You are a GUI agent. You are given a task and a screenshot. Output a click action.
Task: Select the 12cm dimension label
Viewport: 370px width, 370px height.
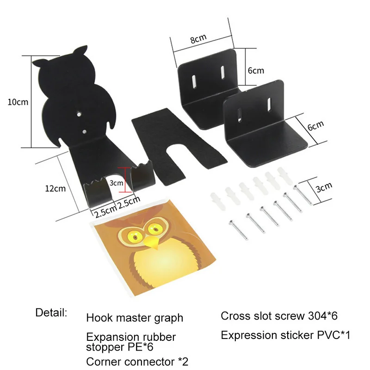(x=55, y=188)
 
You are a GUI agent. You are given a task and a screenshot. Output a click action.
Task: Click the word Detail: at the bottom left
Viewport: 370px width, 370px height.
(x=51, y=312)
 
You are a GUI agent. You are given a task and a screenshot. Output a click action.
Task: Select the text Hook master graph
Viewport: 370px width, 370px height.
(x=135, y=318)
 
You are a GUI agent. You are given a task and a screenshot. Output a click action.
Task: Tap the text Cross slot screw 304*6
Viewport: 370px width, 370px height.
(x=279, y=316)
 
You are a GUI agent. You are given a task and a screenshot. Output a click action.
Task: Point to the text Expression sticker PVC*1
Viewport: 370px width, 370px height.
(x=285, y=335)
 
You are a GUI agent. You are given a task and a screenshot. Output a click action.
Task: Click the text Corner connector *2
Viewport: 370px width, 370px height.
(x=137, y=361)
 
